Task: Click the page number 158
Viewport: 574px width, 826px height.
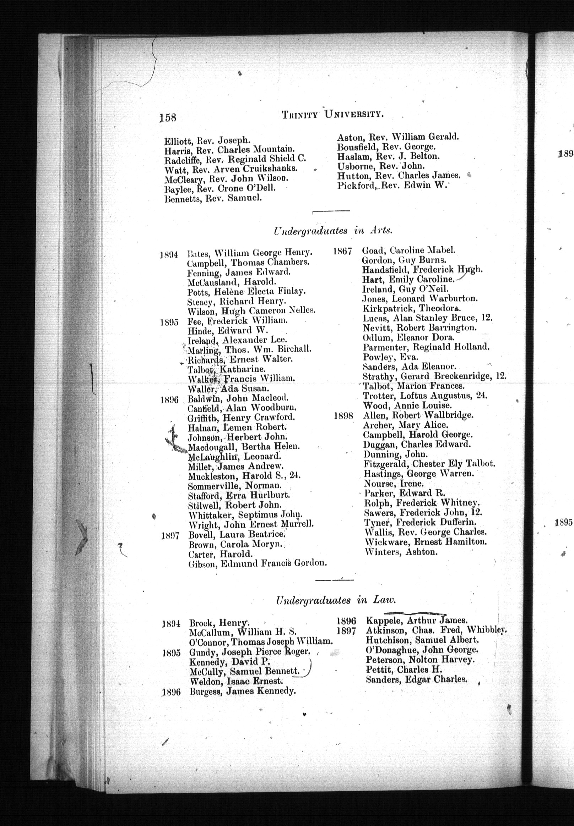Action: point(168,117)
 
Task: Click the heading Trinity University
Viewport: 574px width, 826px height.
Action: point(333,115)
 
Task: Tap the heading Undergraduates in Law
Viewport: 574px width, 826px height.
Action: point(336,600)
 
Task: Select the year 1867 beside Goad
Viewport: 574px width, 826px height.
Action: point(342,252)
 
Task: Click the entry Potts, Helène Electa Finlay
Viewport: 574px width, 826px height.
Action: point(247,291)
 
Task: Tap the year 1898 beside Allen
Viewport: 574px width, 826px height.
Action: point(343,416)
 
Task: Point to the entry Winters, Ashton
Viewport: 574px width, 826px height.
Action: point(401,552)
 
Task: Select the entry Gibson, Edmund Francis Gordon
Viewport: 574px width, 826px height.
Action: point(258,563)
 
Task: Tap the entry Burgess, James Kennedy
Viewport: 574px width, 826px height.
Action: point(243,691)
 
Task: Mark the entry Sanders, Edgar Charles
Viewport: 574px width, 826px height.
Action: point(417,679)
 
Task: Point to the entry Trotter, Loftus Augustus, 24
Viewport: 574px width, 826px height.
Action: point(425,396)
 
